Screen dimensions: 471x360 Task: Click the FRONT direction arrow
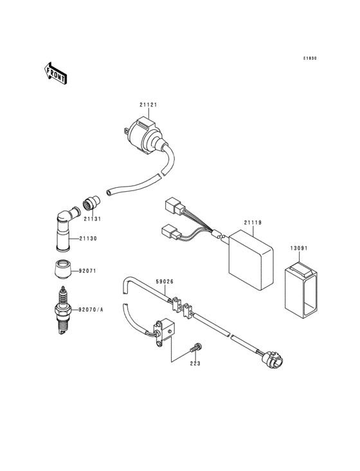(57, 73)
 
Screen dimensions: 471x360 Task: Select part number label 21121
(148, 105)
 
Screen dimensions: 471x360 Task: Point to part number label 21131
(91, 218)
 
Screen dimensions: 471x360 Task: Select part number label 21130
(89, 239)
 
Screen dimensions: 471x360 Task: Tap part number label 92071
(87, 272)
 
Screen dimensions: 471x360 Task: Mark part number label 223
(195, 364)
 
